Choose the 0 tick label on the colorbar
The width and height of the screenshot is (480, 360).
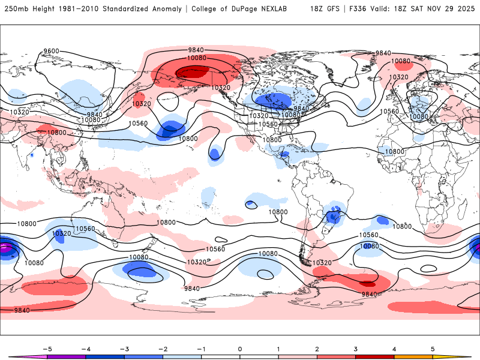(x=240, y=348)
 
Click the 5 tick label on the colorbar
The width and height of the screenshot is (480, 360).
(x=433, y=348)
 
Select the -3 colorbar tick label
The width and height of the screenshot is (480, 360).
(x=124, y=348)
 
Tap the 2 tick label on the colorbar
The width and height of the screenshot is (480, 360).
(x=317, y=348)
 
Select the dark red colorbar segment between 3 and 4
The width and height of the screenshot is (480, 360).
(x=375, y=356)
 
